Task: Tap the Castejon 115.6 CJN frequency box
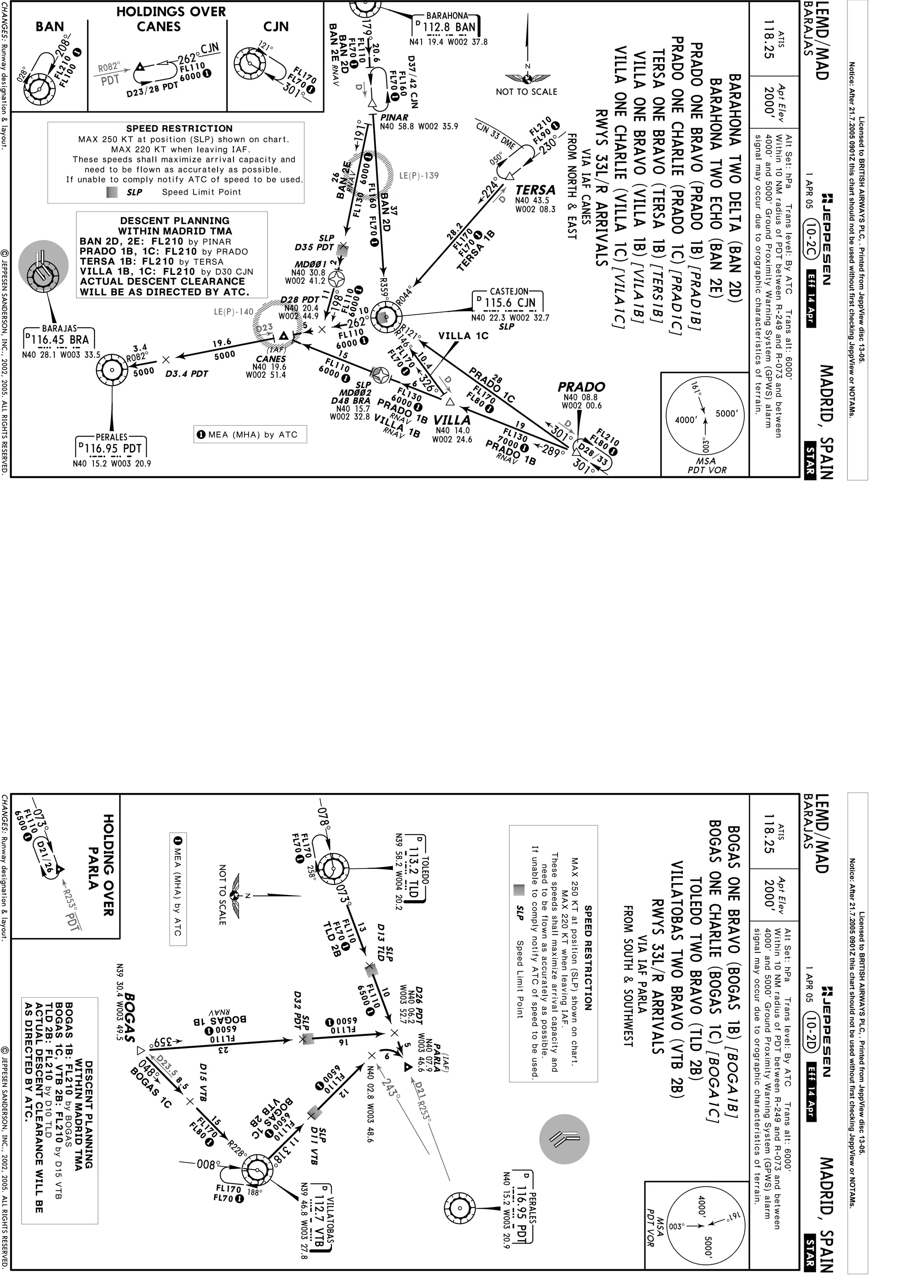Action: click(x=510, y=302)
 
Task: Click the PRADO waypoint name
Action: click(x=581, y=387)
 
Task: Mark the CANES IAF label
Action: click(x=271, y=359)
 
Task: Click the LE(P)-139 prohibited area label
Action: click(x=419, y=175)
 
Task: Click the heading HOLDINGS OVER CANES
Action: click(x=170, y=19)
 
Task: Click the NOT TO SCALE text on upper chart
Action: click(x=526, y=91)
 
